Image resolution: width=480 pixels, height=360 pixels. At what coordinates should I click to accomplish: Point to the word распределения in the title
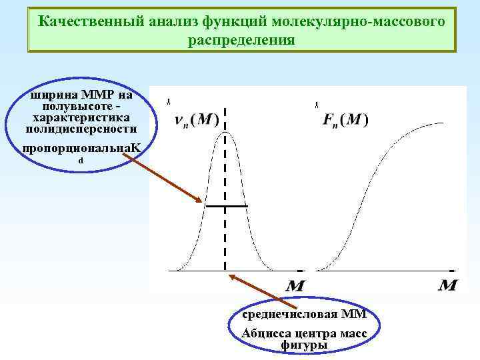pyautogui.click(x=241, y=39)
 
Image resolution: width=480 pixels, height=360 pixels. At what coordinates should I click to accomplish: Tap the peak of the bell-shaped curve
pyautogui.click(x=225, y=133)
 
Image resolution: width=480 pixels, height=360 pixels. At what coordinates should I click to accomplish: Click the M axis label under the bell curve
pyautogui.click(x=295, y=285)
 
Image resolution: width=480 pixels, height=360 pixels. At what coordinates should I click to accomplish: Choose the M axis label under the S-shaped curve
pyautogui.click(x=448, y=285)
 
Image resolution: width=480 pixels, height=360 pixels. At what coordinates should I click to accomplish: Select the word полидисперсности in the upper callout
pyautogui.click(x=80, y=128)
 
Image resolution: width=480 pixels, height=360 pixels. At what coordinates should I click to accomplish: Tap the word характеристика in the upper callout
pyautogui.click(x=80, y=117)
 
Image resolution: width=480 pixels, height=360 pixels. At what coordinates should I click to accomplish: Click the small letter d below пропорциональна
pyautogui.click(x=81, y=161)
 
